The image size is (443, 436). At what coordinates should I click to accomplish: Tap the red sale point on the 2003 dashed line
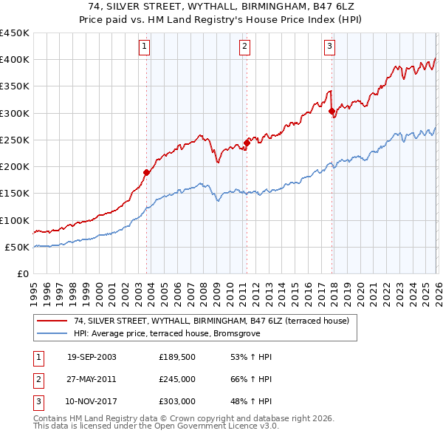click(147, 172)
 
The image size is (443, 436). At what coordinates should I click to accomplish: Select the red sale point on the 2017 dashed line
click(332, 112)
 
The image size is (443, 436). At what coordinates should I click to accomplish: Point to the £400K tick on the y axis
click(15, 60)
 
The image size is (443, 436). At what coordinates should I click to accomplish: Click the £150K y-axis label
click(15, 194)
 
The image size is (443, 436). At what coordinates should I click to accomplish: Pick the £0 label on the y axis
click(22, 274)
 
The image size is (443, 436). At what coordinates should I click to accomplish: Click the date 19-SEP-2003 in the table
click(92, 357)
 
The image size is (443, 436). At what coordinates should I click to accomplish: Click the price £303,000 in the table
click(177, 401)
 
